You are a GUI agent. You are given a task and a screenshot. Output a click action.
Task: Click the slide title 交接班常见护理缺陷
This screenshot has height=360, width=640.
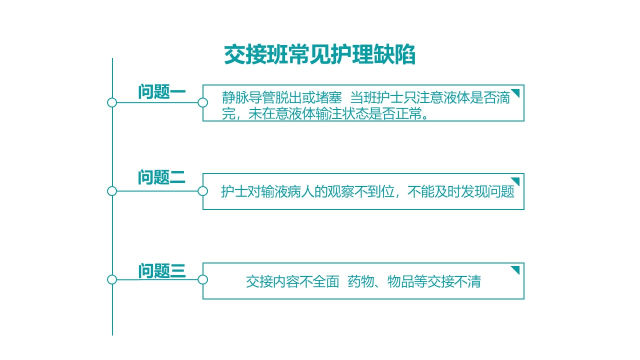(x=319, y=54)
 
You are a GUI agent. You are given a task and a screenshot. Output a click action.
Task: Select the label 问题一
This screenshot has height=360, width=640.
(x=161, y=91)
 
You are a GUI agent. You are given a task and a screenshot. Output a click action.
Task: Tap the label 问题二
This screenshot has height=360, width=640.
(x=161, y=177)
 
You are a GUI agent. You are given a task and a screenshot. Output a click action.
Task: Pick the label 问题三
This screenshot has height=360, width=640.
(x=162, y=271)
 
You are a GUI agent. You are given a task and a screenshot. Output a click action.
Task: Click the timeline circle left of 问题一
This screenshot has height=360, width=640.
(x=112, y=102)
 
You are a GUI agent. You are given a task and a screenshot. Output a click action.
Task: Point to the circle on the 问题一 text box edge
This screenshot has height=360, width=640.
(x=202, y=102)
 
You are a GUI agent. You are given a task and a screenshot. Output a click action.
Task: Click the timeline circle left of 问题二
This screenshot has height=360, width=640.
(x=112, y=191)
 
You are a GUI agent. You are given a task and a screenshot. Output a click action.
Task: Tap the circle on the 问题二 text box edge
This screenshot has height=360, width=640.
(x=202, y=191)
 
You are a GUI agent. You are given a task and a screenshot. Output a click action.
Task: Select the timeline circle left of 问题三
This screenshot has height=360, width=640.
(x=112, y=279)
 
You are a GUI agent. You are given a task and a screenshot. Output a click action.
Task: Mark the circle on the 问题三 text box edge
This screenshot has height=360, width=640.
(x=202, y=279)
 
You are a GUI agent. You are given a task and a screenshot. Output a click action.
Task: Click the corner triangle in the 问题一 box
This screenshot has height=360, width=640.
(x=516, y=92)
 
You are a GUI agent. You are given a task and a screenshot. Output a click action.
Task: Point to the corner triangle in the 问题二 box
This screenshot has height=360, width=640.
(x=516, y=180)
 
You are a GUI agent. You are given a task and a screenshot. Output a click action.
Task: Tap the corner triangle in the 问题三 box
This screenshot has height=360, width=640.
(x=516, y=269)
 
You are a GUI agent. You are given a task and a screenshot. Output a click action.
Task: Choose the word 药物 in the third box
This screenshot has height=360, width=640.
(x=361, y=281)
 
